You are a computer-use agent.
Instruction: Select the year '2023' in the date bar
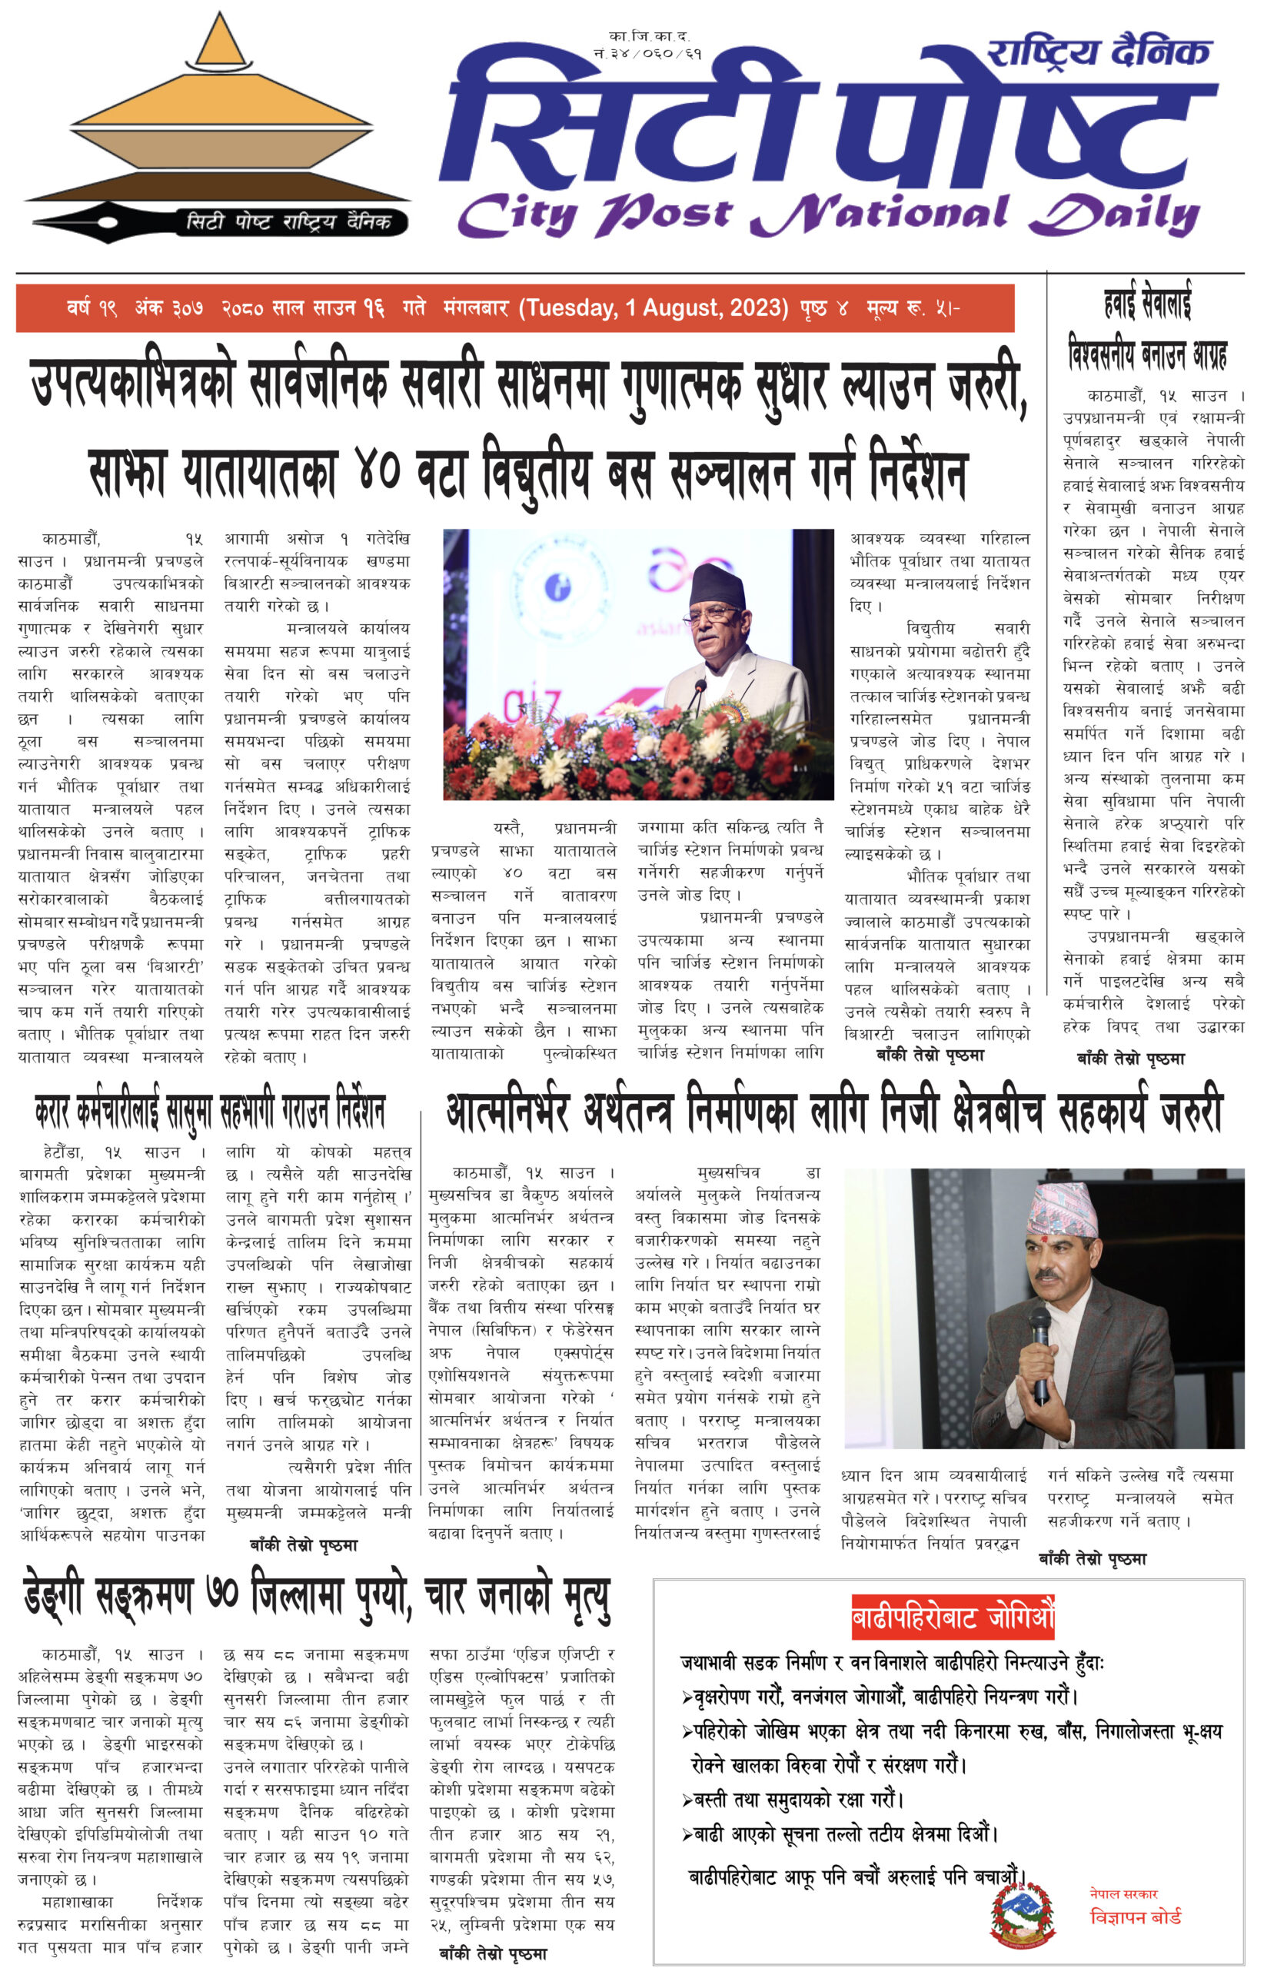pyautogui.click(x=753, y=307)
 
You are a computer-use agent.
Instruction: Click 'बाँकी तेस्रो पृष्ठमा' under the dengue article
pyautogui.click(x=493, y=1954)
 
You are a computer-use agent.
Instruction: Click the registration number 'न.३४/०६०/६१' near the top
pyautogui.click(x=647, y=53)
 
